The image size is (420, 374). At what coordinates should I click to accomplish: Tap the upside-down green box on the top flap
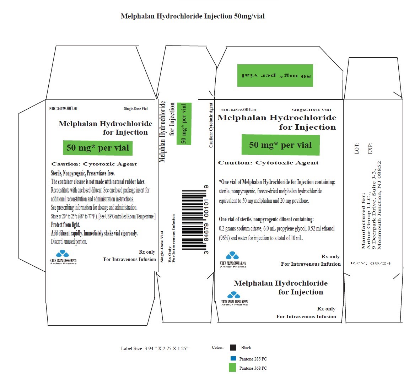[x=275, y=75]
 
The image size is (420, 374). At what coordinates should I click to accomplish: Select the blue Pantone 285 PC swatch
[x=233, y=359]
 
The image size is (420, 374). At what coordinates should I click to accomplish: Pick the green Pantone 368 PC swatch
[x=232, y=368]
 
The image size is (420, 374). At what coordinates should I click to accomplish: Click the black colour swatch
[x=233, y=348]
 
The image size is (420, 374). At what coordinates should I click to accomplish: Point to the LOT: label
[x=357, y=148]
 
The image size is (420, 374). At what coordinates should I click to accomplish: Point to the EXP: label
[x=370, y=148]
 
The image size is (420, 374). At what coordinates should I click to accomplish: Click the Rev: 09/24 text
[x=370, y=263]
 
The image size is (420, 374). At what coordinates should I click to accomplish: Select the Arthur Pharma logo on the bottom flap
[x=235, y=298]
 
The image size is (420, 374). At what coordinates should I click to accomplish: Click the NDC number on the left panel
[x=63, y=109]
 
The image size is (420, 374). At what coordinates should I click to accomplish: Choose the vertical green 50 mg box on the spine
[x=184, y=124]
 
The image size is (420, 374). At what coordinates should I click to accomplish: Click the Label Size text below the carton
[x=155, y=348]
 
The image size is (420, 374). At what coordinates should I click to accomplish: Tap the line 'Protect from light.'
[x=65, y=225]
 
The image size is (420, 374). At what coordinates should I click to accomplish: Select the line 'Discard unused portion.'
[x=69, y=242]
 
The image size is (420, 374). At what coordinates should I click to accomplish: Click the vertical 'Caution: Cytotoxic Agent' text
[x=211, y=125]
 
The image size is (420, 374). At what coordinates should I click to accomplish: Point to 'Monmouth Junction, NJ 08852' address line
[x=379, y=205]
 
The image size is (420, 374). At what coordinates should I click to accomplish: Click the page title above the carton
[x=193, y=16]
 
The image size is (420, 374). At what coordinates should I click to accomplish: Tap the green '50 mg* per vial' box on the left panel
[x=98, y=148]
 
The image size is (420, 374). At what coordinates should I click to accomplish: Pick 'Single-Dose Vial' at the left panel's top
[x=136, y=109]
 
